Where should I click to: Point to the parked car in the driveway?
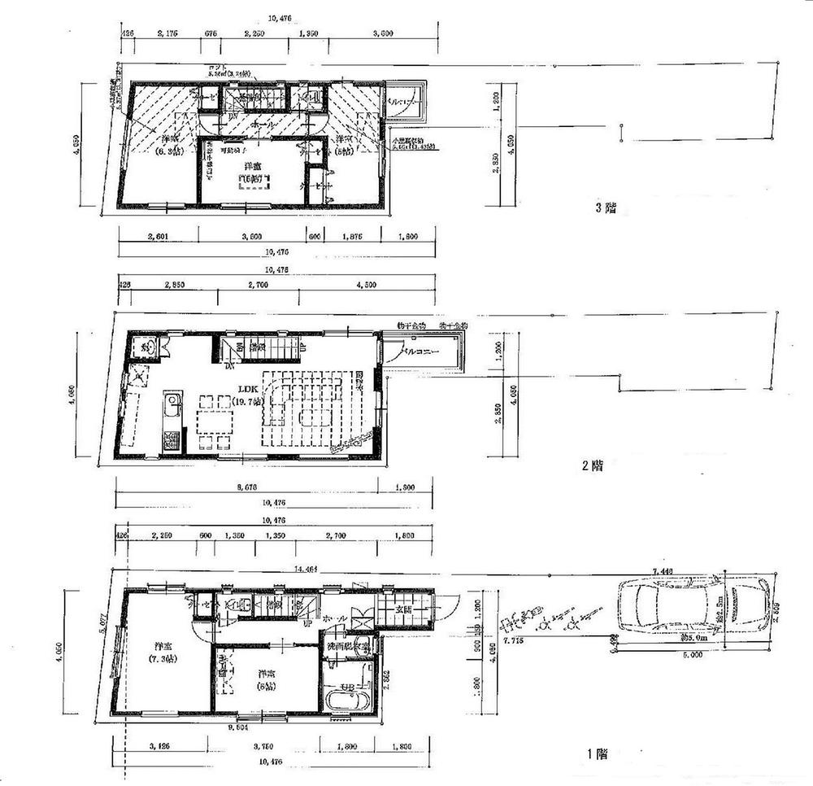[693, 607]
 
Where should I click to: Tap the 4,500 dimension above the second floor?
[366, 285]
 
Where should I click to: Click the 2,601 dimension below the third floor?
[159, 237]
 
